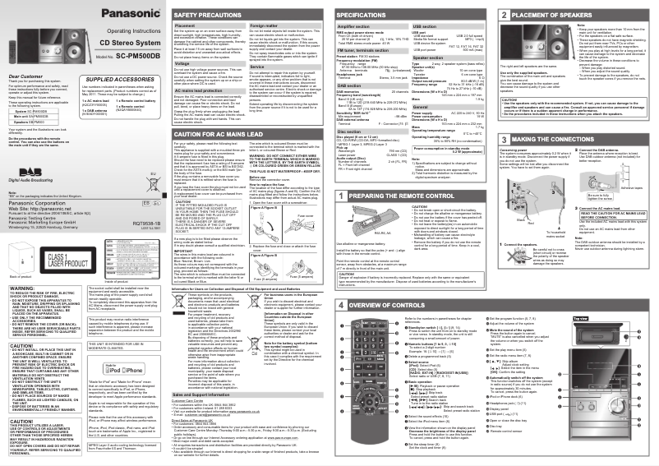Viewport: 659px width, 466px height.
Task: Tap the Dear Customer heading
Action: (x=25, y=76)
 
